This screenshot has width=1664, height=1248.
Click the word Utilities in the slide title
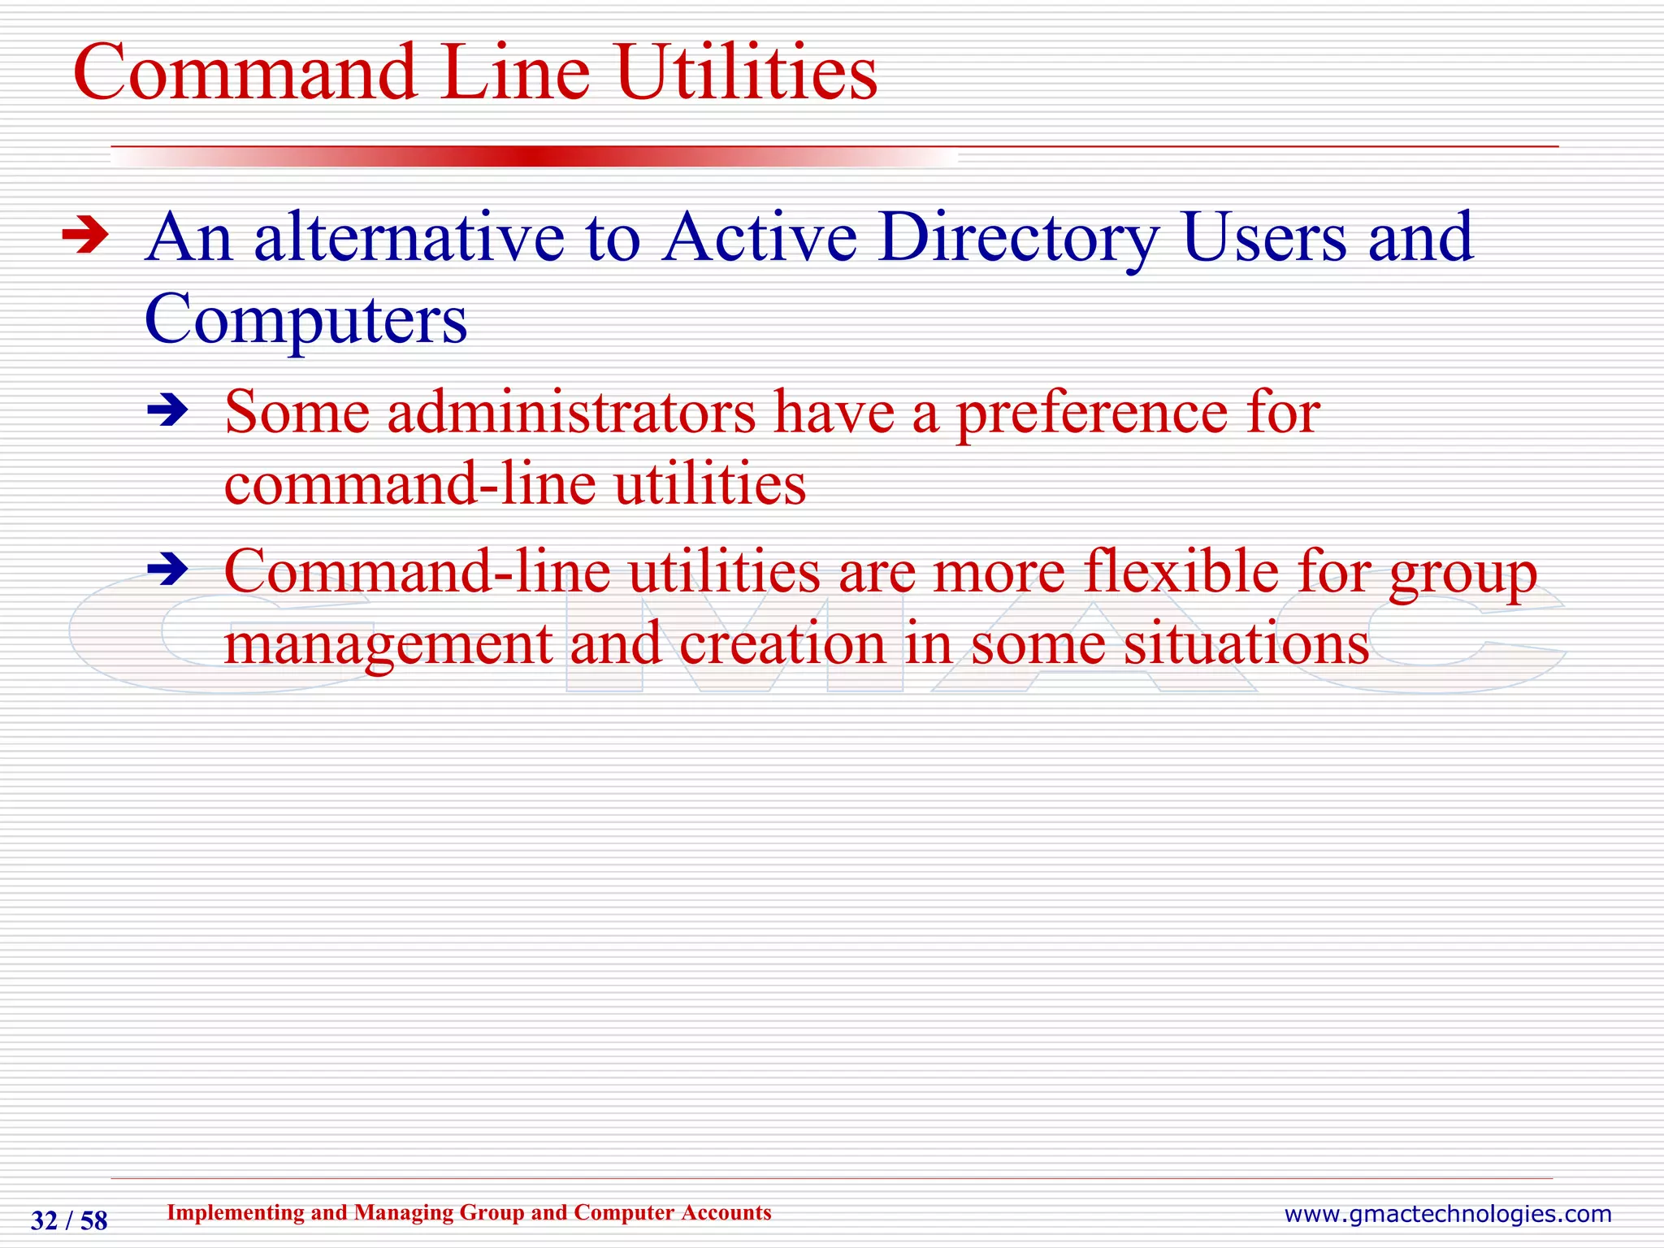click(x=746, y=73)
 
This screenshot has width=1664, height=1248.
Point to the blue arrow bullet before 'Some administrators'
click(x=167, y=411)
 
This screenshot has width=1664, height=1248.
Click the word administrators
click(x=571, y=412)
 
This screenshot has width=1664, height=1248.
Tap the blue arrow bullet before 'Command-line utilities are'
click(x=167, y=570)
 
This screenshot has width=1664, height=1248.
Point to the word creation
click(x=782, y=644)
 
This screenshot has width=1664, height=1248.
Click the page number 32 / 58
click(x=69, y=1220)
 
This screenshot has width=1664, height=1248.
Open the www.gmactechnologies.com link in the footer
click(x=1447, y=1214)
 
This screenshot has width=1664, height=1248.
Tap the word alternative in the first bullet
click(x=409, y=238)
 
